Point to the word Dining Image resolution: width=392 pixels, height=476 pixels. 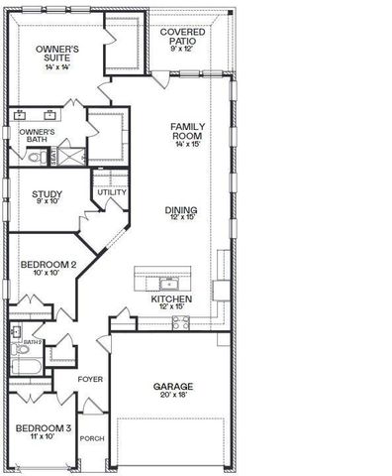[181, 210]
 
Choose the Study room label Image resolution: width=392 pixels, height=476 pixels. [47, 195]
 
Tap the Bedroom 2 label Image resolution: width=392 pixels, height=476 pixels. [48, 266]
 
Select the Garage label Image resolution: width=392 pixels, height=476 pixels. [172, 387]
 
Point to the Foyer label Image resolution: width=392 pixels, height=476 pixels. [91, 379]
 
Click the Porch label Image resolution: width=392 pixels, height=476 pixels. [92, 438]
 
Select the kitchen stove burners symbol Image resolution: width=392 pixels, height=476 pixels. [179, 322]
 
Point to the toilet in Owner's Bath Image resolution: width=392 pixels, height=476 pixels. [32, 157]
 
